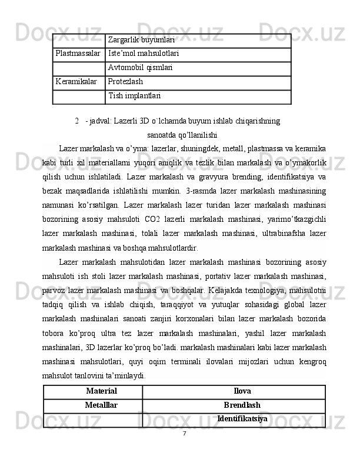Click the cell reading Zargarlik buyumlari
tap(141, 39)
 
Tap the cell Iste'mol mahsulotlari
tap(144, 54)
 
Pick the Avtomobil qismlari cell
tap(141, 68)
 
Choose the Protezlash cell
tap(126, 82)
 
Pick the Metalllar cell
tap(101, 405)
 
